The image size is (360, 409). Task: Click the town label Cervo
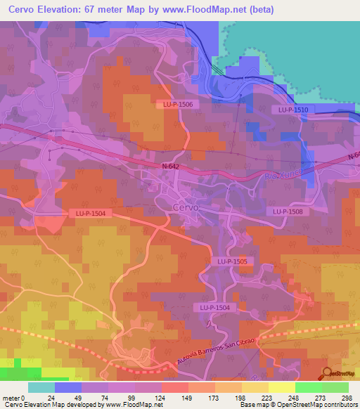click(x=186, y=207)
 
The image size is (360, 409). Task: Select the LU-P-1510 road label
click(x=292, y=110)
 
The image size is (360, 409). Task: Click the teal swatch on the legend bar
click(x=41, y=387)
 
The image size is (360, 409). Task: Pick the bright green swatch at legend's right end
click(x=335, y=387)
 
